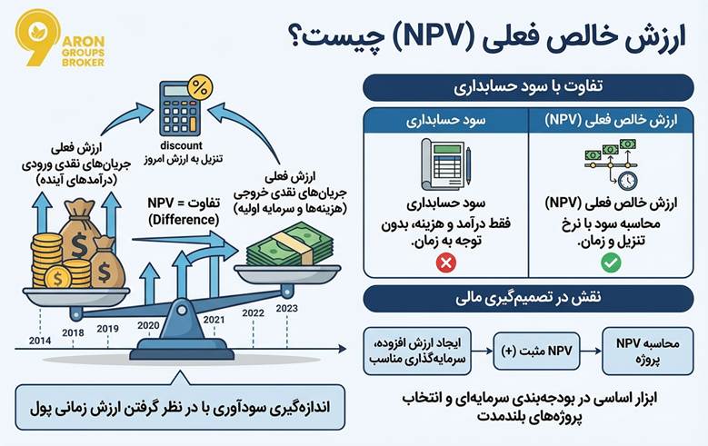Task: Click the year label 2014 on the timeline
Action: (x=40, y=341)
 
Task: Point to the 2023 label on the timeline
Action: (x=286, y=308)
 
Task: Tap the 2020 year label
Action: (x=148, y=325)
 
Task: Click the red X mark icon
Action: (x=446, y=263)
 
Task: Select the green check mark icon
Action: (x=611, y=263)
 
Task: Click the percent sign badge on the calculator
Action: (x=200, y=87)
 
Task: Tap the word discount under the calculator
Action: (x=181, y=146)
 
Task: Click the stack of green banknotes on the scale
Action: (x=289, y=246)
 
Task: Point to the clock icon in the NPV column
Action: (x=628, y=181)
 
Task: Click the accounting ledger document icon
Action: (x=446, y=164)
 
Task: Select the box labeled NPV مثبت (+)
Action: (x=536, y=352)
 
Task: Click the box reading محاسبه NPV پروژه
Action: (x=647, y=352)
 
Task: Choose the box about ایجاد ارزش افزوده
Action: (x=417, y=352)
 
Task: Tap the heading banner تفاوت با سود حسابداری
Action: (x=528, y=87)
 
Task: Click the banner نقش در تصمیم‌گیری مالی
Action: (x=528, y=298)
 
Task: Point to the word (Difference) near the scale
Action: (x=184, y=220)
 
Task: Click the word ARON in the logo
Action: (x=84, y=42)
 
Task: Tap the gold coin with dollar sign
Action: (x=58, y=278)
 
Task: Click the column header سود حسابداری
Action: (x=445, y=120)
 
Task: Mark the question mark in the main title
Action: (x=296, y=37)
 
